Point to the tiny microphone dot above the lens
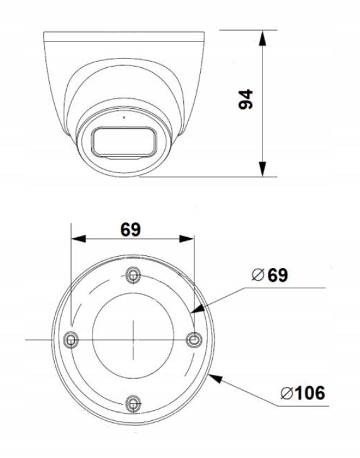(124, 116)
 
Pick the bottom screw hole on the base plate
(132, 403)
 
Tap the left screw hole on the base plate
(70, 339)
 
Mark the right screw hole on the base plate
(194, 339)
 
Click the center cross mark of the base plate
(133, 339)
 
